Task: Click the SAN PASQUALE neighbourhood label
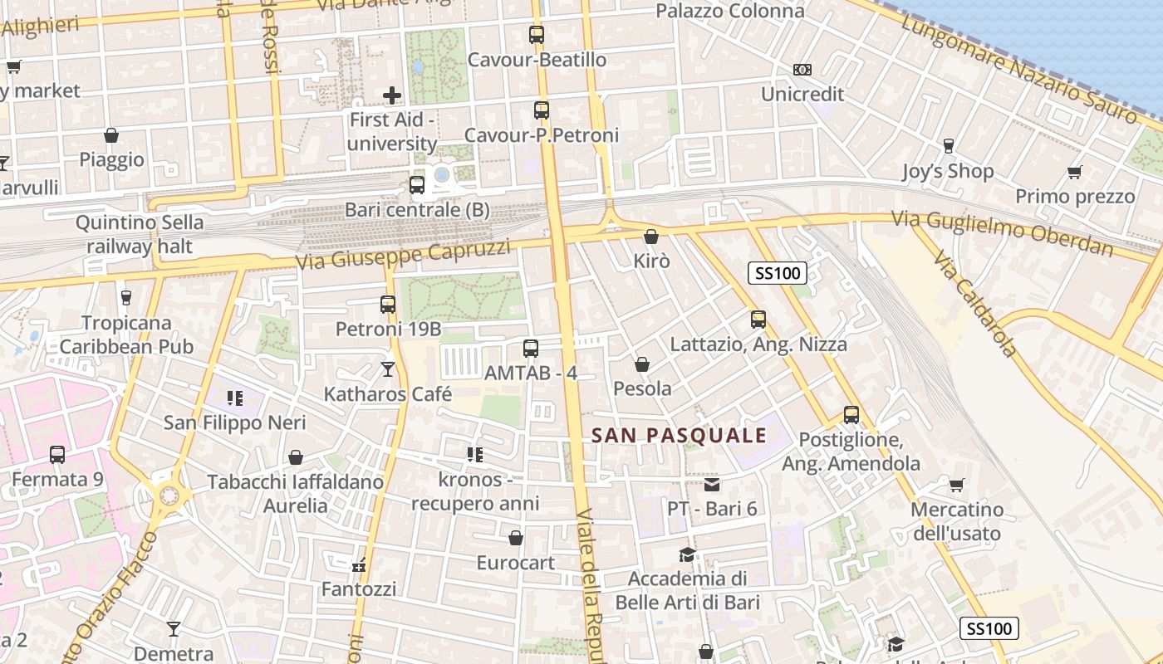(x=679, y=435)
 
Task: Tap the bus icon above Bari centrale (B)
(x=417, y=185)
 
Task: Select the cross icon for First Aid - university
(x=392, y=95)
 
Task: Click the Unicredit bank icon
(x=802, y=70)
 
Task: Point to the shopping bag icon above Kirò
(x=651, y=237)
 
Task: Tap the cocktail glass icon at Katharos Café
(x=388, y=369)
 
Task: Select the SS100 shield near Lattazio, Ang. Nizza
(x=778, y=272)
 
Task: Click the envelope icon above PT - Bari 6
(x=712, y=484)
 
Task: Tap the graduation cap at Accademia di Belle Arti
(x=687, y=554)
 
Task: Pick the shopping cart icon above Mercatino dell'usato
(x=956, y=484)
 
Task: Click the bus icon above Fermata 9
(x=57, y=454)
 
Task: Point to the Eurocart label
(x=515, y=563)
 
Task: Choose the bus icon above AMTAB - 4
(x=531, y=349)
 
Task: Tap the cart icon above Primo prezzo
(x=1074, y=172)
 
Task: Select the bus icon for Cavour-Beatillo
(x=537, y=35)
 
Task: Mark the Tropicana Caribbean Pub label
(x=126, y=334)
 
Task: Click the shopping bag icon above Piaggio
(x=111, y=135)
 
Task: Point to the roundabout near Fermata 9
(x=169, y=496)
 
